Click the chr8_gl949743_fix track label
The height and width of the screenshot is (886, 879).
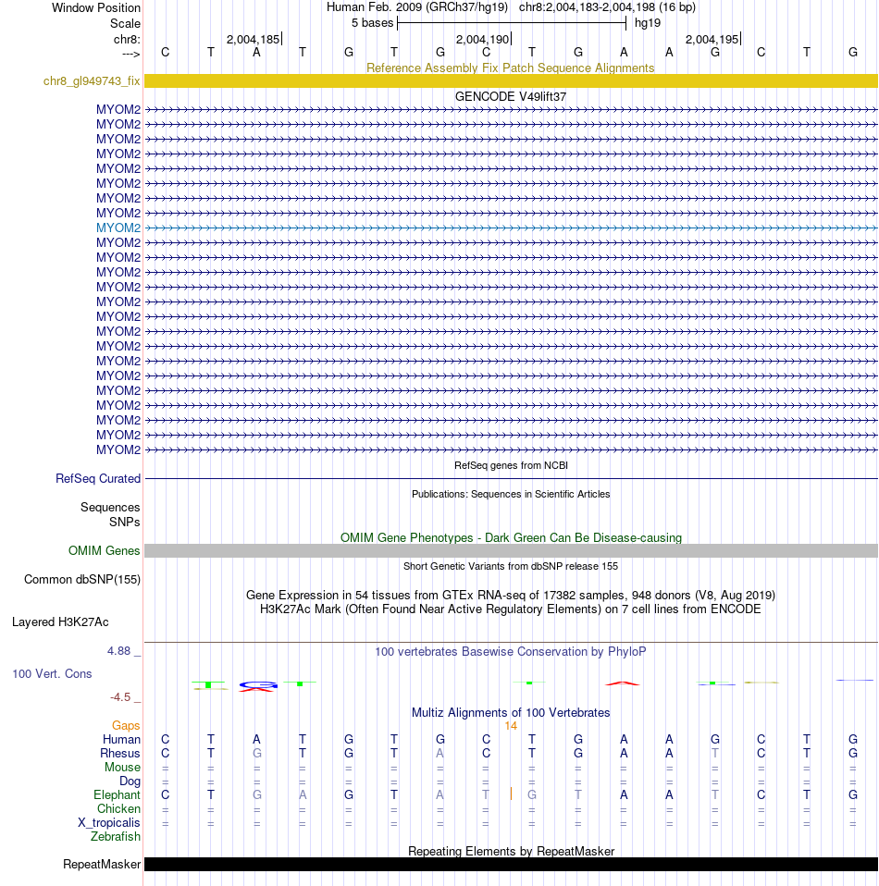tap(92, 81)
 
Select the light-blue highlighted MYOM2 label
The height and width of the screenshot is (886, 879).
tap(118, 228)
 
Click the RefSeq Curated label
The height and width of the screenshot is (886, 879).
tap(98, 479)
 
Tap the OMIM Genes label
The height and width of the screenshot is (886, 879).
tap(105, 551)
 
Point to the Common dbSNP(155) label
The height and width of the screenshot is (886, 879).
tap(81, 580)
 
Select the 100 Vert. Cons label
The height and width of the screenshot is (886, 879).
tap(52, 674)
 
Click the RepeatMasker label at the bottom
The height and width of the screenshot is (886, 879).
tap(102, 865)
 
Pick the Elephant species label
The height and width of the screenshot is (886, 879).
tap(117, 795)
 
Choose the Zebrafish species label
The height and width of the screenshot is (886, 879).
tap(116, 837)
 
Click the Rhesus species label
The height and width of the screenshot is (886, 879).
tap(120, 754)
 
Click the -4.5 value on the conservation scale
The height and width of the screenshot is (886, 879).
tap(124, 697)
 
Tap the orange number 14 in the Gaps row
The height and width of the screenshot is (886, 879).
tap(511, 726)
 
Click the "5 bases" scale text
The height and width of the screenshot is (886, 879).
tap(372, 22)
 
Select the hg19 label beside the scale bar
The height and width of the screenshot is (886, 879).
tap(648, 22)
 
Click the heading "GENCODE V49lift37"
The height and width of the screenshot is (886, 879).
tap(511, 96)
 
